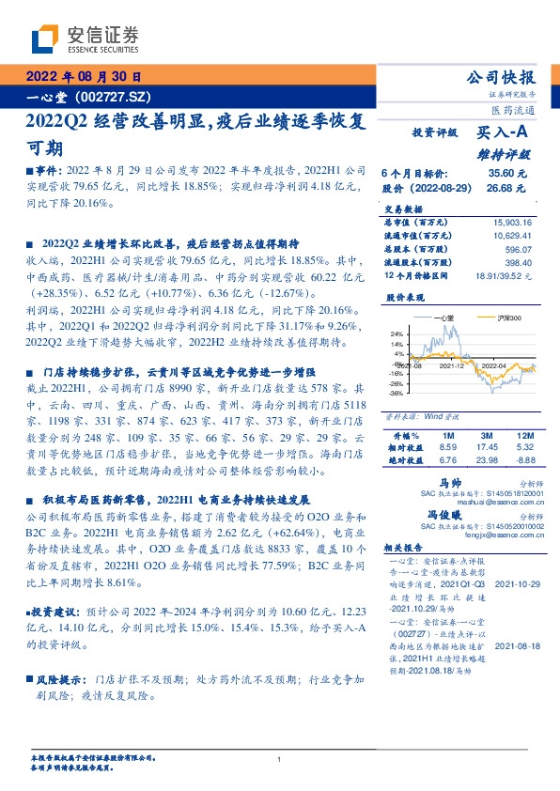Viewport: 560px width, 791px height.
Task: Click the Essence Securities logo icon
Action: click(x=44, y=39)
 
